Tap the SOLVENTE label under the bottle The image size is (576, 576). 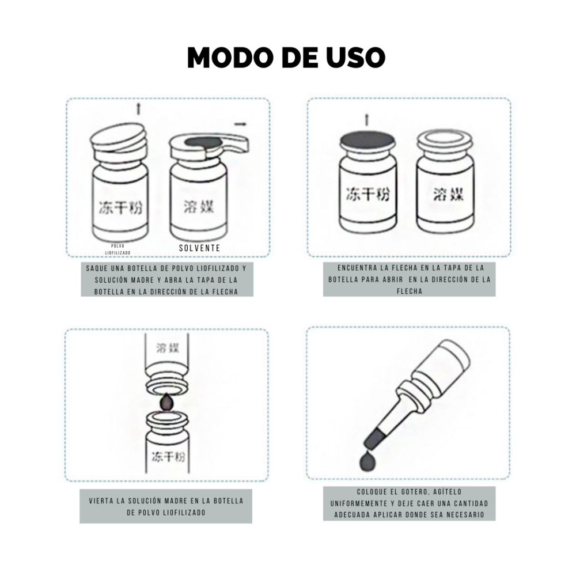point(199,248)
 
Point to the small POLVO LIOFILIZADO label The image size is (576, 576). point(118,249)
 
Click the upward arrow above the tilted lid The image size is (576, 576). point(138,108)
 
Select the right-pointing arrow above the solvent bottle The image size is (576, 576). point(240,124)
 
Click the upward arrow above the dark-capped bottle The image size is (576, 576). point(366,120)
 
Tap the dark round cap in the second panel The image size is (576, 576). point(367,140)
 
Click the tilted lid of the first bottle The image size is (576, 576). point(118,138)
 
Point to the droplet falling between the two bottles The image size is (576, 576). point(167,402)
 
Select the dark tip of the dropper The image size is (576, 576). point(375,438)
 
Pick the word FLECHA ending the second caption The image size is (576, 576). point(409,291)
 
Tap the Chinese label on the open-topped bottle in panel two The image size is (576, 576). point(449,194)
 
